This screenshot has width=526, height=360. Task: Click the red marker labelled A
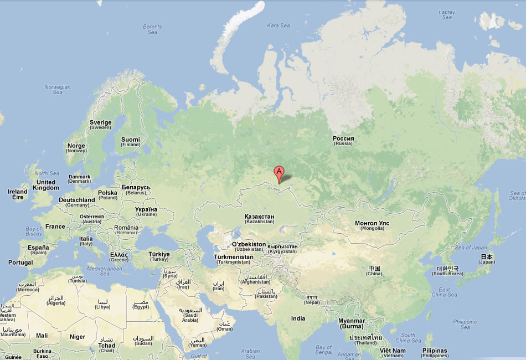(279, 172)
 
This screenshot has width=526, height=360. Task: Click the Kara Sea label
(278, 25)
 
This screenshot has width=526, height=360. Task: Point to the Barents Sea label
(152, 29)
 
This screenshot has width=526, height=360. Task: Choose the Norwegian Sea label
(58, 89)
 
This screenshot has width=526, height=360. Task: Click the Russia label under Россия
(343, 143)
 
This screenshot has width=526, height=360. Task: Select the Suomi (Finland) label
(131, 142)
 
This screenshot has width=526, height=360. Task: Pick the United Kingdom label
(45, 185)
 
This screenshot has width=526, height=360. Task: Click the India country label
(298, 318)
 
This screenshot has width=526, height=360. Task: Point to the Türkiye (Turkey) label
(159, 256)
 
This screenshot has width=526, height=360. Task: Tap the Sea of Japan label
(470, 248)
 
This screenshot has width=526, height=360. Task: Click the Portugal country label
(20, 263)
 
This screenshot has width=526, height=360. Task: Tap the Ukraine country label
(146, 212)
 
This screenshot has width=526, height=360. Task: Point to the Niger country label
(78, 337)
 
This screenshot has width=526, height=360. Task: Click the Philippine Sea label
(465, 325)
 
